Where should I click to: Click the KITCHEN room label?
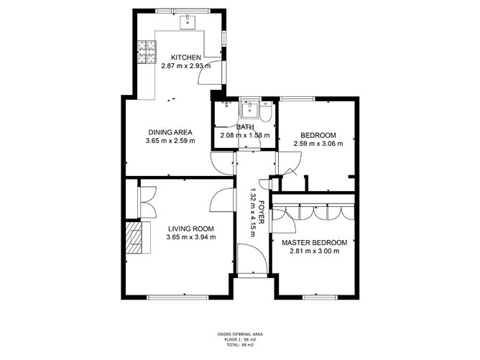coord(186,57)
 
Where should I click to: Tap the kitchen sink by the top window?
coord(188,22)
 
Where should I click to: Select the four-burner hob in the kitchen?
coord(147,52)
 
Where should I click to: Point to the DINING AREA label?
coord(170,132)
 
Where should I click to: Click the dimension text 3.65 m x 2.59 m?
coord(170,141)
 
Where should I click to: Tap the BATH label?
coord(245,126)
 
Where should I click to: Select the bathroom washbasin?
coord(249,110)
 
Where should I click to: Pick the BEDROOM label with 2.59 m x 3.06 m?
coord(318,135)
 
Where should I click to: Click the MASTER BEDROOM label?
coord(315,243)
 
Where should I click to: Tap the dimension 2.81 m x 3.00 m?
coord(315,251)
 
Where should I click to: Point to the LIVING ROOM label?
coord(191,229)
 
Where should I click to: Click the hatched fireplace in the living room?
coord(134,237)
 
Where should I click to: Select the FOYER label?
coord(261,213)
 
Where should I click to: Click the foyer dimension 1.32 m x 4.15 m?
coord(253,213)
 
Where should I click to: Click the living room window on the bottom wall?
coord(178,297)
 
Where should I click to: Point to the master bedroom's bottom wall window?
coord(320,297)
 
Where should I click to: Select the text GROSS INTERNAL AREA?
coord(240,334)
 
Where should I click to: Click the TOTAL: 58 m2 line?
coord(240,345)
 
